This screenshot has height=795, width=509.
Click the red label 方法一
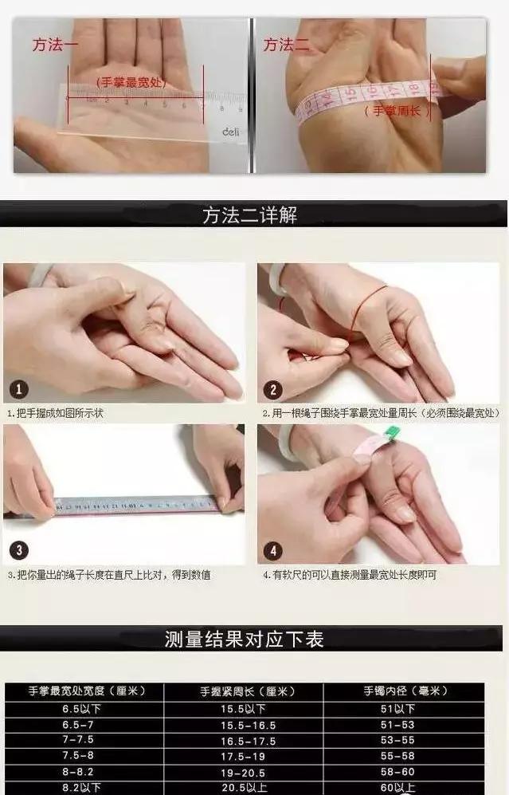click(x=55, y=45)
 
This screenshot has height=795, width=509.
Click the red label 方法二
click(x=286, y=45)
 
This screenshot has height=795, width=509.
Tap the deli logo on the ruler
click(x=230, y=132)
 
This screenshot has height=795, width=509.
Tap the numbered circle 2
click(x=273, y=390)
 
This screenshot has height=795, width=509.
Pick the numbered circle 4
click(x=273, y=550)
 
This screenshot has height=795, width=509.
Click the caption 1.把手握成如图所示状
click(x=55, y=414)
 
